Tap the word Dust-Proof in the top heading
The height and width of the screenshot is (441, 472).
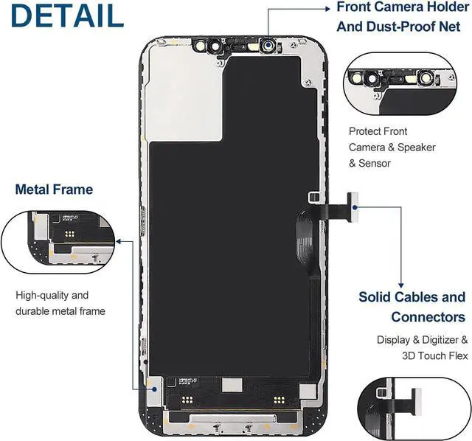tap(414, 27)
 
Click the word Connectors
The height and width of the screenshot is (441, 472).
tap(428, 317)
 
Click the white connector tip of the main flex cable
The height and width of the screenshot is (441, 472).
tap(353, 205)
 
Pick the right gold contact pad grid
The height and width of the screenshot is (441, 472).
tap(279, 400)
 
